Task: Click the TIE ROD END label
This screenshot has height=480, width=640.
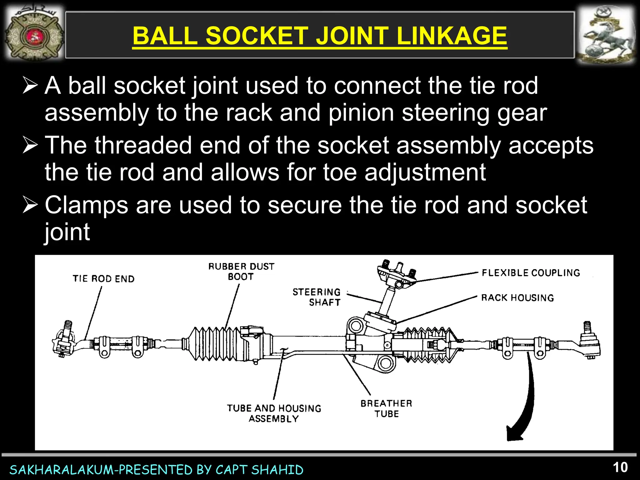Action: point(103,278)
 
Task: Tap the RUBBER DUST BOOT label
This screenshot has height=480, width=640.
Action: point(241,271)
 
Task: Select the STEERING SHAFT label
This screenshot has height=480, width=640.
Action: point(317,297)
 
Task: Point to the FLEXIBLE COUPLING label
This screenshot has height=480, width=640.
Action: point(531,273)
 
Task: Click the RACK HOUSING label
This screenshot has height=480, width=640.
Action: point(517,297)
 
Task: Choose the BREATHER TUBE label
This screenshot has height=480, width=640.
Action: point(386,408)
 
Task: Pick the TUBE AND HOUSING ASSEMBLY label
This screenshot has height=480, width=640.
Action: point(274,413)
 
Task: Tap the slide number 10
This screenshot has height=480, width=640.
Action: point(620,467)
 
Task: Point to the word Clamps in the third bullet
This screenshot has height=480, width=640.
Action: point(86,205)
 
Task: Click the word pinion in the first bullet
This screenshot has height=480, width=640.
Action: point(361,113)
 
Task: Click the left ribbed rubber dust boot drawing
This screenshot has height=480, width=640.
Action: point(216,344)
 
